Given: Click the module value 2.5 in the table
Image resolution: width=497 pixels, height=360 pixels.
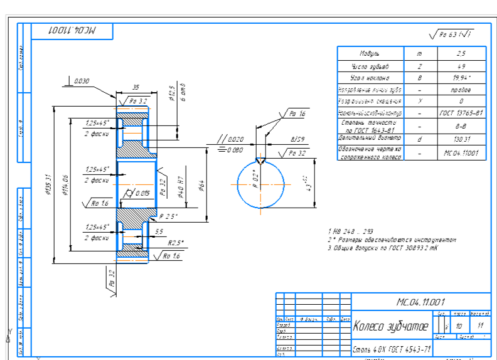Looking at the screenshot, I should (461, 54).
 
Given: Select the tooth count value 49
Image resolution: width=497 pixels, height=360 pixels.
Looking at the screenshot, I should (461, 66).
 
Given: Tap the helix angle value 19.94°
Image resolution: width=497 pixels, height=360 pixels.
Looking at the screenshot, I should (461, 78).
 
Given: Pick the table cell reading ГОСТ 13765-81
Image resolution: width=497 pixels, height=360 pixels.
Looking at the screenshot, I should (461, 114).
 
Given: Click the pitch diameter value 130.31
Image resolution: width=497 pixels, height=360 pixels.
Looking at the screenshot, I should (461, 139).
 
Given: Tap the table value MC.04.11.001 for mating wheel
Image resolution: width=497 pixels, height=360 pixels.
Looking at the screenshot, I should (461, 152).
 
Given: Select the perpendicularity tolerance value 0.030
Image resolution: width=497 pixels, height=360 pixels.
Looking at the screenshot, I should (81, 81).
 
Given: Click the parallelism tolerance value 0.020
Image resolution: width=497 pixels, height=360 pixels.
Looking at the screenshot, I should (235, 139).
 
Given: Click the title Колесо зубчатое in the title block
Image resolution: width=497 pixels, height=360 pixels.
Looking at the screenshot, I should (391, 326).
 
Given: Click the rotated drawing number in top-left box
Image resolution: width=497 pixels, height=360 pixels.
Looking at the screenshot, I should (70, 30).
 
